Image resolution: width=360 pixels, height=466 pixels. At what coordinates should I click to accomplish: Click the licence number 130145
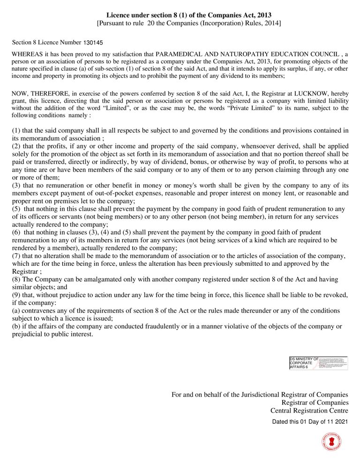pyautogui.click(x=93, y=43)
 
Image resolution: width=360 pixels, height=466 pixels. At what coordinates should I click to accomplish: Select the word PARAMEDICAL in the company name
pyautogui.click(x=176, y=54)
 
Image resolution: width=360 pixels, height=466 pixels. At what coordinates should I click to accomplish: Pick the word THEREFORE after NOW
pyautogui.click(x=49, y=94)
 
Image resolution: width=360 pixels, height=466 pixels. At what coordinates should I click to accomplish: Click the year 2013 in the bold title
pyautogui.click(x=263, y=15)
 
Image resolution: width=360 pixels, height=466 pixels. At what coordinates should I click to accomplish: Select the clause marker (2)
pyautogui.click(x=17, y=146)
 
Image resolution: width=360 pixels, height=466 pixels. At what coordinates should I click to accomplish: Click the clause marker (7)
pyautogui.click(x=17, y=256)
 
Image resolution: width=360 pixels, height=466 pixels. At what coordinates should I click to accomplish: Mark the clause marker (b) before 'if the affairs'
pyautogui.click(x=17, y=326)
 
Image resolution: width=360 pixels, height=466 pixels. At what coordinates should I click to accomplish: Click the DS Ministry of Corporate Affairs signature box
pyautogui.click(x=318, y=363)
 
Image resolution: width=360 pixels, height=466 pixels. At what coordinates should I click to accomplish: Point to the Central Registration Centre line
pyautogui.click(x=309, y=410)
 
